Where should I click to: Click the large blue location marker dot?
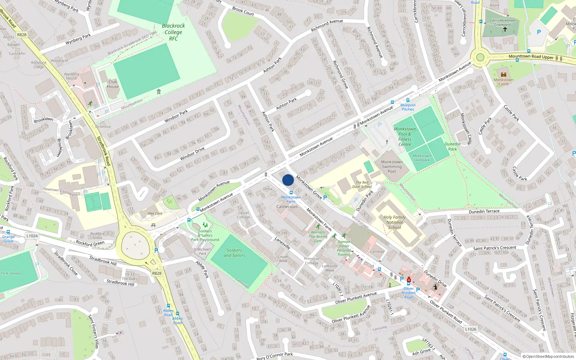288,180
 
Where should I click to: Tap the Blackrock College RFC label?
173,32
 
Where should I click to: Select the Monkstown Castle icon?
504,75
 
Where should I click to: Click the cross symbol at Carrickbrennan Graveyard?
505,29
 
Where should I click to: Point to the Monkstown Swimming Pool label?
392,167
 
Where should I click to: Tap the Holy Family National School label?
395,222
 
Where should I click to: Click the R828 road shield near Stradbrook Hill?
157,273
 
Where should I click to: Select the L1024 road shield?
32,236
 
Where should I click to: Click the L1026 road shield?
471,329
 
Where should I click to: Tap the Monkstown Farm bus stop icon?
291,193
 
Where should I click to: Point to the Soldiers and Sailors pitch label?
234,253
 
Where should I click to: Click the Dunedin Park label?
453,146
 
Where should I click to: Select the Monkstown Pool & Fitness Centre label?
405,136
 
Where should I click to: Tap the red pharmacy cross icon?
409,280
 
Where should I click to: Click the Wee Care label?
155,213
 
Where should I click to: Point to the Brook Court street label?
243,11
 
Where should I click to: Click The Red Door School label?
362,184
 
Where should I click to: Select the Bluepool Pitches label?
408,107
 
